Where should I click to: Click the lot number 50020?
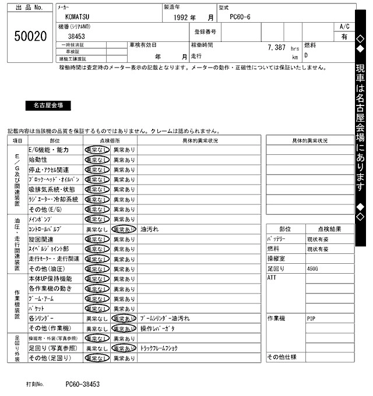(30, 37)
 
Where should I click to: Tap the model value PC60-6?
(240, 17)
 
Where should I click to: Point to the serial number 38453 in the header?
(76, 36)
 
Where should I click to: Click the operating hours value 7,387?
(276, 47)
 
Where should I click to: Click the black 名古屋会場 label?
(48, 105)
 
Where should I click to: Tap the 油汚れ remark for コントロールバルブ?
(150, 229)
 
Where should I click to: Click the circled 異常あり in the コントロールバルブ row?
(124, 229)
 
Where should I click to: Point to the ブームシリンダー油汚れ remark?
(165, 319)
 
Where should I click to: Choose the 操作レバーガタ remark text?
(158, 329)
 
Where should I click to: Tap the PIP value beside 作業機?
(311, 319)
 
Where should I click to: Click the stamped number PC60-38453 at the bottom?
(82, 384)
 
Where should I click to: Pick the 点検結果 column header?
(329, 229)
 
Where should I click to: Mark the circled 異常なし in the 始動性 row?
(97, 160)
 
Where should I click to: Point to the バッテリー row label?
(277, 239)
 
